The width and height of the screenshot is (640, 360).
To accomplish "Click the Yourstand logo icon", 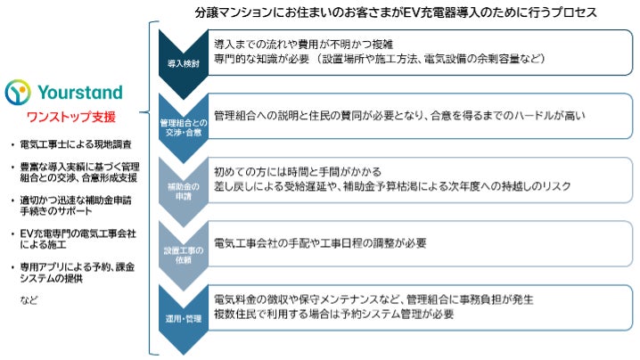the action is pyautogui.click(x=21, y=93).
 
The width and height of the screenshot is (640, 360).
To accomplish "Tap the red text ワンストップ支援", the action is pyautogui.click(x=69, y=117).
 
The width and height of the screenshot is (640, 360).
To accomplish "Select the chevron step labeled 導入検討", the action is pyautogui.click(x=182, y=63).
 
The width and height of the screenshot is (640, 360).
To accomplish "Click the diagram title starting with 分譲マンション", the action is pyautogui.click(x=395, y=12).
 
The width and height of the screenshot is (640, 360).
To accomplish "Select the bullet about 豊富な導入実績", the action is pyautogui.click(x=79, y=173).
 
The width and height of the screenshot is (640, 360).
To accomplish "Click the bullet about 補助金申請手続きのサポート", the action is pyautogui.click(x=79, y=207).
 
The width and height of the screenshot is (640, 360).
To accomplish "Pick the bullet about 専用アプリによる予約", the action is pyautogui.click(x=78, y=273).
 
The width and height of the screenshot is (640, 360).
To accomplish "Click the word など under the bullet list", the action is pyautogui.click(x=29, y=300).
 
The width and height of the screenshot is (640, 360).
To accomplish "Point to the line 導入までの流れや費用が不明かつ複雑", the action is pyautogui.click(x=304, y=42).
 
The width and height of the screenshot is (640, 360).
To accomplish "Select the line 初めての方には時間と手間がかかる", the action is pyautogui.click(x=299, y=171).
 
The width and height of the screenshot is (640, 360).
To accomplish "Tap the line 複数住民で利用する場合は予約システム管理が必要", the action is pyautogui.click(x=335, y=314).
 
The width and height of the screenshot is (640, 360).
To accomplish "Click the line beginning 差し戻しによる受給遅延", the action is pyautogui.click(x=392, y=187).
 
